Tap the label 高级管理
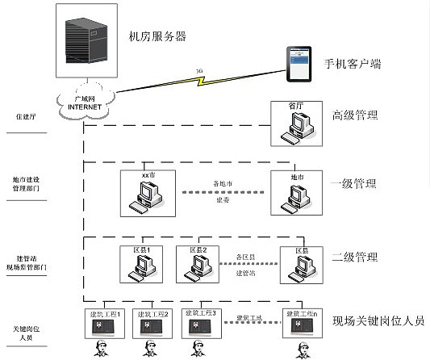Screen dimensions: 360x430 click(354, 115)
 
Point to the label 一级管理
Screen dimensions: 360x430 click(354, 183)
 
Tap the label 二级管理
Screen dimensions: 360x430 click(354, 257)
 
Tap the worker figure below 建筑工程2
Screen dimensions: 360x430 click(148, 349)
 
